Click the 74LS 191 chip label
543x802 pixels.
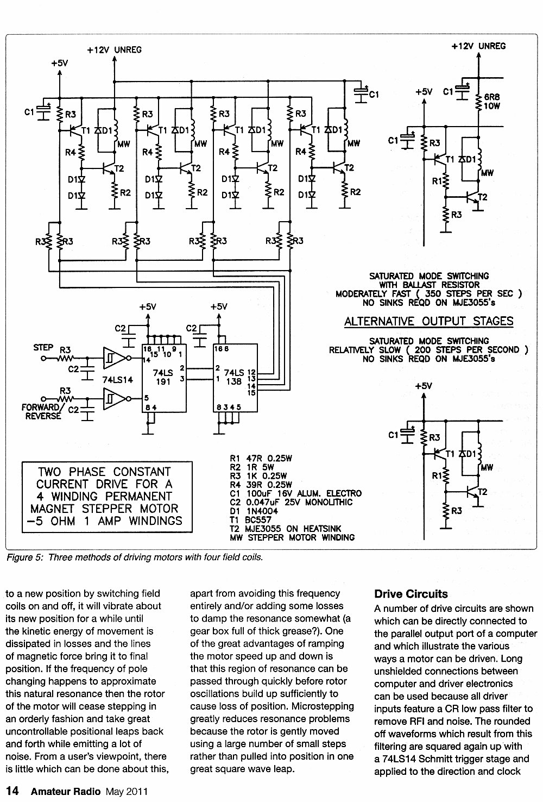(163, 377)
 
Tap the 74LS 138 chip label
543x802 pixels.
(234, 377)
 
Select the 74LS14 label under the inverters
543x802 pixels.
(118, 379)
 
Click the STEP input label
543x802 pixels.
(43, 347)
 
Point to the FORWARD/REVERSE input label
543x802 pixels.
(41, 411)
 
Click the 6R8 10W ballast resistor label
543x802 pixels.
(492, 101)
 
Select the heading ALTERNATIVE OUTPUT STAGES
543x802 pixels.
(428, 321)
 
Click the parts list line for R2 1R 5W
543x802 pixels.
(252, 467)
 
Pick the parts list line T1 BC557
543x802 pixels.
(251, 519)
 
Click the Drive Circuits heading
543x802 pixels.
(411, 594)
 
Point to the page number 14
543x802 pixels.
(12, 791)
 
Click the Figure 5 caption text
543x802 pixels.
(135, 557)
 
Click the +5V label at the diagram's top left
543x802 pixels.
(59, 64)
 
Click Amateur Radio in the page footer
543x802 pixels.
(66, 791)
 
